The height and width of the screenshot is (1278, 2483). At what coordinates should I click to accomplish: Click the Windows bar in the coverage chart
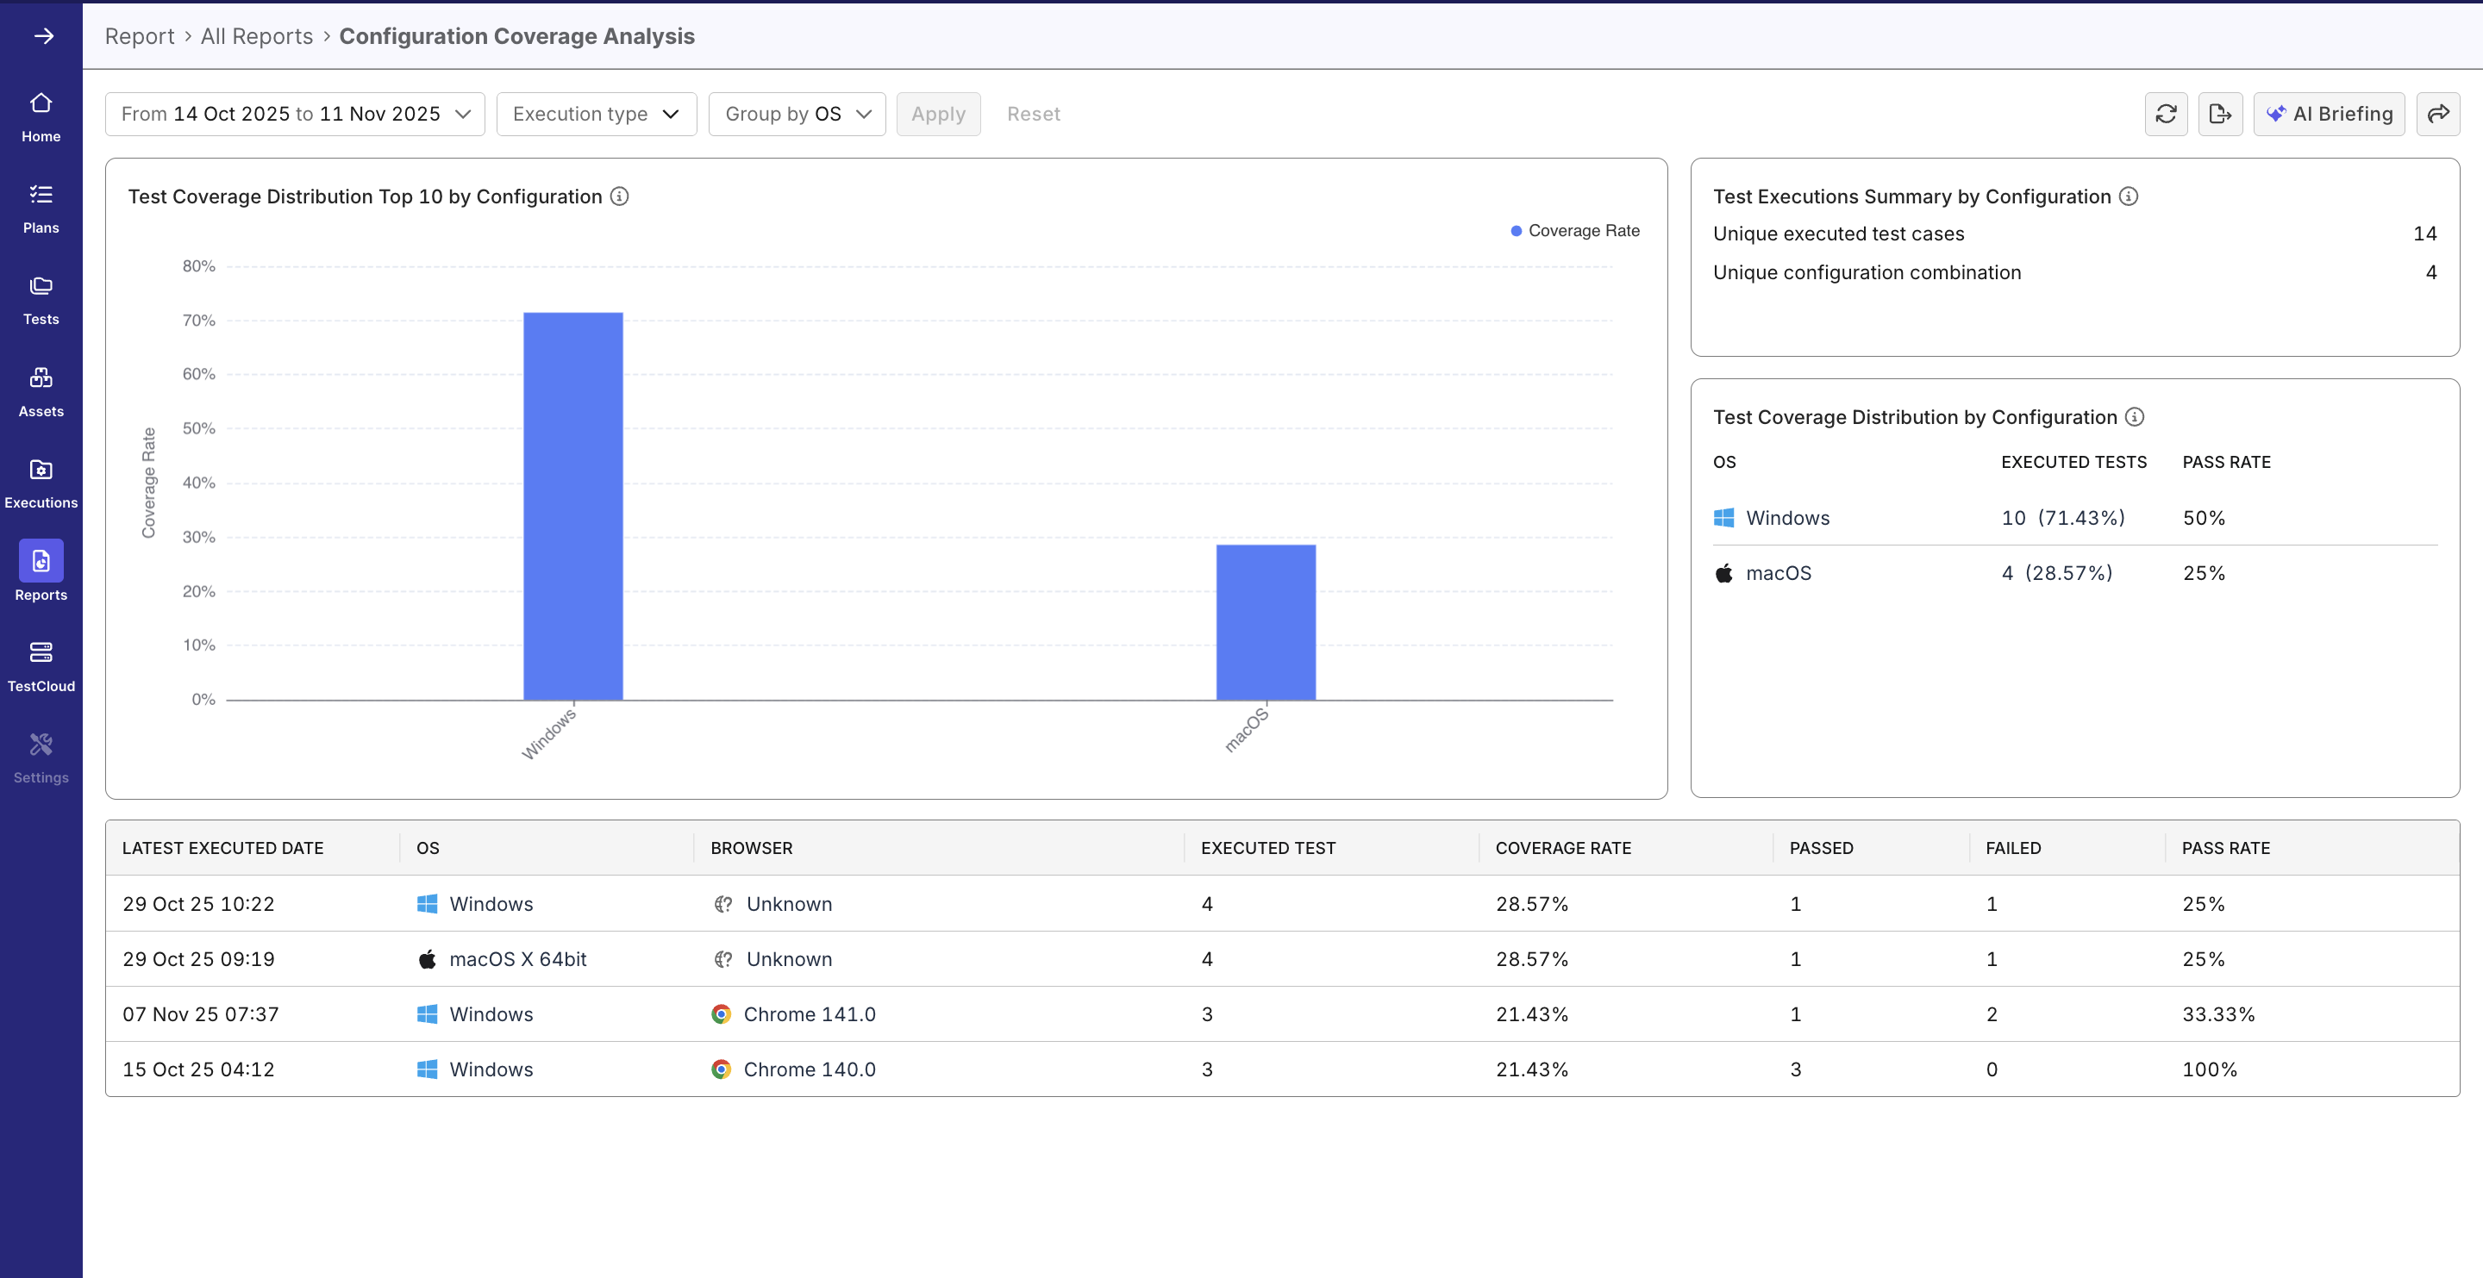(572, 506)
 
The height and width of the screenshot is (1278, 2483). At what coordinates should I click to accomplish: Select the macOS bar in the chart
(1265, 621)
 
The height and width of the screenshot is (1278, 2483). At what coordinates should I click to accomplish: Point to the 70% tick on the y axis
(198, 320)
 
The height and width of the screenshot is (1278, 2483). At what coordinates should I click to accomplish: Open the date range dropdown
(295, 114)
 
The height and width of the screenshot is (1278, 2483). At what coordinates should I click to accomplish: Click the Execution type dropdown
(596, 114)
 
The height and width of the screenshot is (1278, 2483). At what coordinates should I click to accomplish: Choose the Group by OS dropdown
(796, 114)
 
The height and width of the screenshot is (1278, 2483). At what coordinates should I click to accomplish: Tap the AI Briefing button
(2329, 114)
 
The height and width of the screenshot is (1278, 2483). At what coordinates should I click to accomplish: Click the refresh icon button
(2165, 114)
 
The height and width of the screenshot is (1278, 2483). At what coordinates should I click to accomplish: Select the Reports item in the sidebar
(41, 570)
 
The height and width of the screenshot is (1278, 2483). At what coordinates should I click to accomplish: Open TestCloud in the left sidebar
(41, 665)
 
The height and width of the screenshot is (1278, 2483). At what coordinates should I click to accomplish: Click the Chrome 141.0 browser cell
(809, 1014)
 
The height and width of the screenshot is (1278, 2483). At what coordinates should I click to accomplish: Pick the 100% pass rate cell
(2209, 1069)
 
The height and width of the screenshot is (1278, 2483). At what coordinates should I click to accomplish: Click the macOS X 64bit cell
(517, 959)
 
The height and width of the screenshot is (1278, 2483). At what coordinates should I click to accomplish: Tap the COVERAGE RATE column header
(1562, 848)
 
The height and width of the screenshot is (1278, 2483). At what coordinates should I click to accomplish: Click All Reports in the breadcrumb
(256, 36)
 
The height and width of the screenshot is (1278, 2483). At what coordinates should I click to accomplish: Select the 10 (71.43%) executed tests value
(2063, 518)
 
